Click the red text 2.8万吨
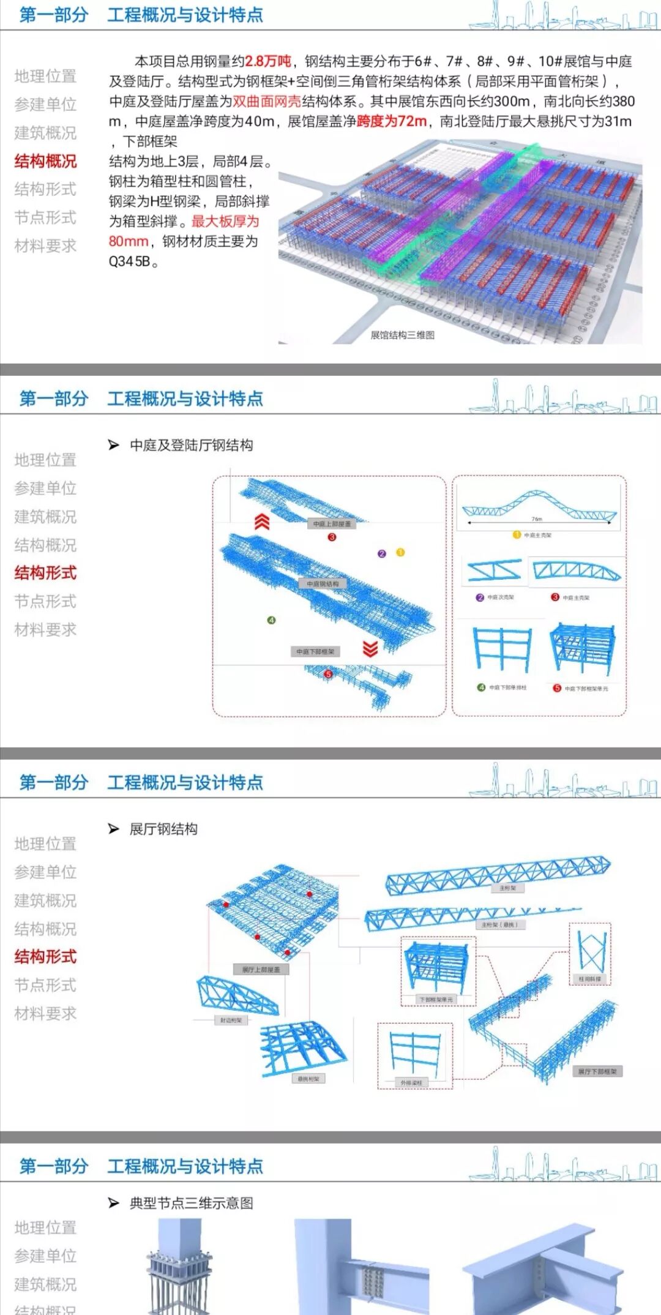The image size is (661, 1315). [x=268, y=61]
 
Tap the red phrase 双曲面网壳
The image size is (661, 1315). [x=267, y=101]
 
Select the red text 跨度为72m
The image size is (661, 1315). [x=392, y=121]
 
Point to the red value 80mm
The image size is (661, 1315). [x=129, y=241]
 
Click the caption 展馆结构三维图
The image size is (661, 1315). [x=402, y=335]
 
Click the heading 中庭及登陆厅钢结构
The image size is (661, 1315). [x=191, y=445]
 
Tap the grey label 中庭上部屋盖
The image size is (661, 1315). [x=332, y=524]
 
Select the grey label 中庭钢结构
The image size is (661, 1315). [x=323, y=584]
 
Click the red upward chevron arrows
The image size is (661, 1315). [x=262, y=522]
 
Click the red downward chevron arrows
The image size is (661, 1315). [x=370, y=648]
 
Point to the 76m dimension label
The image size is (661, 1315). [x=537, y=519]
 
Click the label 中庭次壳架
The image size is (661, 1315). [x=500, y=597]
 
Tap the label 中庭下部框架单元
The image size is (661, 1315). [x=586, y=689]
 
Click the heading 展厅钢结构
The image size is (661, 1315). [x=163, y=829]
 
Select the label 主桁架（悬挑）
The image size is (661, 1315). [x=499, y=924]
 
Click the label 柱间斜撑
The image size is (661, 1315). [x=590, y=979]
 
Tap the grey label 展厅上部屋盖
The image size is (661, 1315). [x=261, y=969]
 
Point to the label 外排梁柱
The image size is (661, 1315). [x=411, y=1083]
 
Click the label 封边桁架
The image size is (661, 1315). [x=231, y=1021]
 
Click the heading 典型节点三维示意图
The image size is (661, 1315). [x=191, y=1203]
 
